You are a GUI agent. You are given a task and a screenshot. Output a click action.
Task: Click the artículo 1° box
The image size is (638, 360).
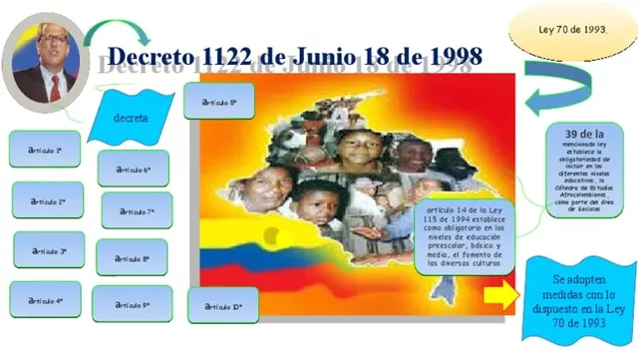(46, 150)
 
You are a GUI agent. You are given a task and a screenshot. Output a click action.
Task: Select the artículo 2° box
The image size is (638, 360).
(48, 200)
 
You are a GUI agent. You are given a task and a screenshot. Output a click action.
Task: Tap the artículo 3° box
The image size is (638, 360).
(49, 250)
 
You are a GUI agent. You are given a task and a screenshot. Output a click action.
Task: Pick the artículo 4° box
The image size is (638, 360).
(46, 299)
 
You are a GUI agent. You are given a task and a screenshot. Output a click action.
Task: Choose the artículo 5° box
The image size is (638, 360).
(218, 102)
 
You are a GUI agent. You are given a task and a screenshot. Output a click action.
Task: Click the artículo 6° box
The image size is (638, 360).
(134, 170)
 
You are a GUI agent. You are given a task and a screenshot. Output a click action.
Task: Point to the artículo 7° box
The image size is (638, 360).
(137, 211)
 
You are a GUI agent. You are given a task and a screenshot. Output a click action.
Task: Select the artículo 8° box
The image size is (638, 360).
(133, 257)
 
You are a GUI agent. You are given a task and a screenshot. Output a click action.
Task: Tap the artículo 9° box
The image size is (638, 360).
(132, 304)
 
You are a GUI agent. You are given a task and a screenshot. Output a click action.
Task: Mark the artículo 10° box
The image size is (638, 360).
(222, 306)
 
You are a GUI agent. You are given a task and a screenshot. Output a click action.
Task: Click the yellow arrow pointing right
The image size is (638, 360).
(500, 296)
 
